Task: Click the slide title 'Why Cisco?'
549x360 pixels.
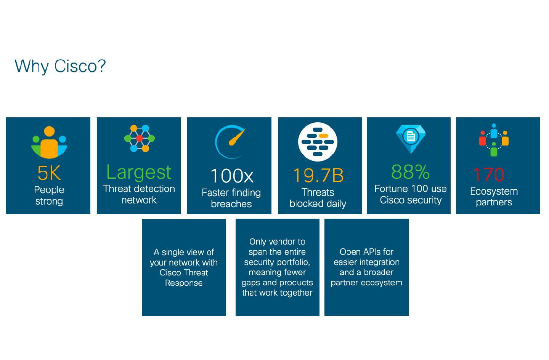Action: pyautogui.click(x=60, y=66)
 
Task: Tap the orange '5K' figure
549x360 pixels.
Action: pyautogui.click(x=49, y=173)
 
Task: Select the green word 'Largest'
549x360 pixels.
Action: pyautogui.click(x=139, y=173)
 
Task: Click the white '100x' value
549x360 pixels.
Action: pyautogui.click(x=232, y=176)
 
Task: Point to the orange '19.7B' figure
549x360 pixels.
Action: pyautogui.click(x=318, y=175)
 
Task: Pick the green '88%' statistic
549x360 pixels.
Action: pyautogui.click(x=410, y=172)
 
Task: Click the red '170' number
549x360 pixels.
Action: pyautogui.click(x=489, y=174)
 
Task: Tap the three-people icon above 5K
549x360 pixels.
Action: pyautogui.click(x=49, y=142)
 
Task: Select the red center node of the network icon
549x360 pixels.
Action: pyautogui.click(x=140, y=139)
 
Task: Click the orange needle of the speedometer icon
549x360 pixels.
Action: pyautogui.click(x=237, y=138)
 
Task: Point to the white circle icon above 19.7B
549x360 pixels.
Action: pyautogui.click(x=318, y=142)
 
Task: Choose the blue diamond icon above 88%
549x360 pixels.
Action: pyautogui.click(x=411, y=139)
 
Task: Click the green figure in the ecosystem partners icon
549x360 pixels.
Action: pyautogui.click(x=494, y=149)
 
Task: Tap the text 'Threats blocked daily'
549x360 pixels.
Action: pyautogui.click(x=318, y=198)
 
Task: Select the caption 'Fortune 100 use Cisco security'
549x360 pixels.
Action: pyautogui.click(x=411, y=194)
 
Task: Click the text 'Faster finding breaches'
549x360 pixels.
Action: pyautogui.click(x=231, y=198)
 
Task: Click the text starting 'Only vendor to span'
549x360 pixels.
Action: pyautogui.click(x=277, y=267)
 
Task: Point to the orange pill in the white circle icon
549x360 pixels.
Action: pyautogui.click(x=324, y=136)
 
